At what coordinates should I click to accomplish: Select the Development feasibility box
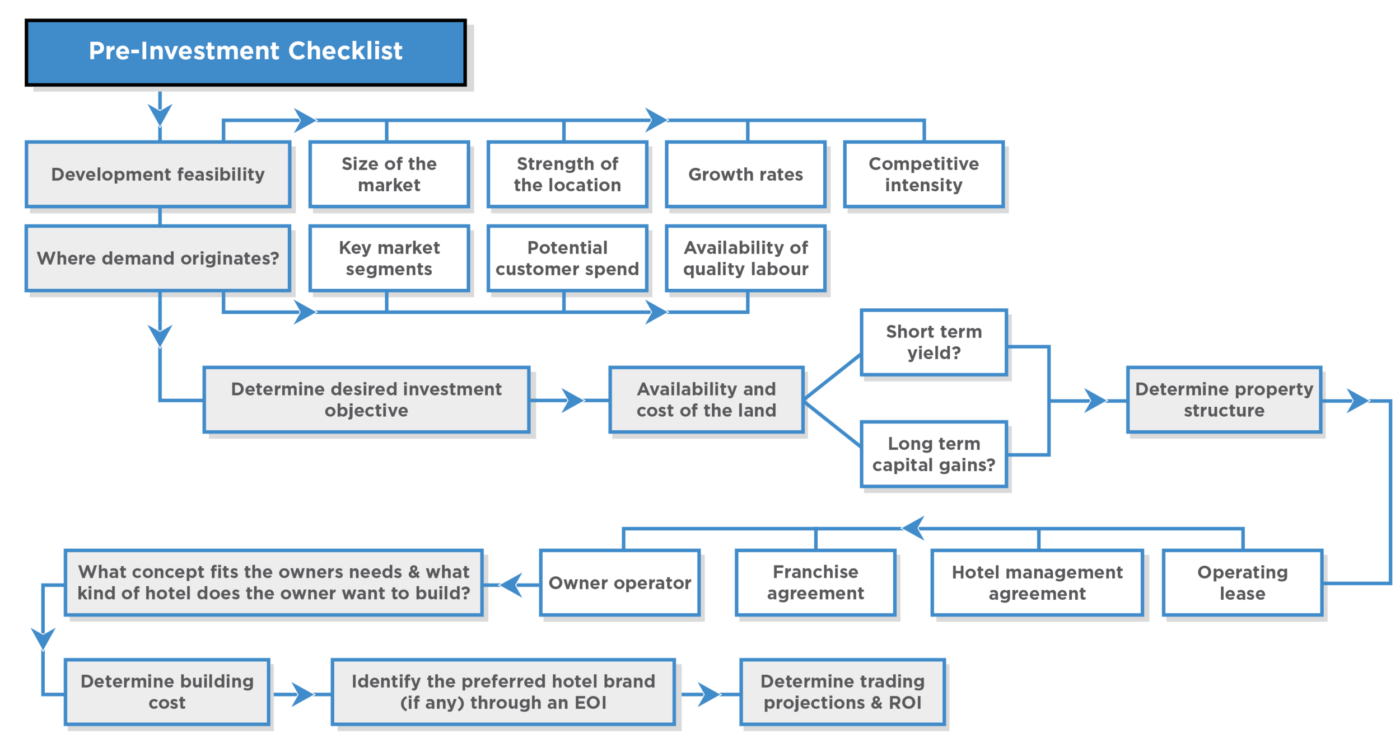(x=158, y=175)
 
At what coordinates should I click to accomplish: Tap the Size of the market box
(x=389, y=175)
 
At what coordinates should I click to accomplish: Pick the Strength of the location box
(x=567, y=175)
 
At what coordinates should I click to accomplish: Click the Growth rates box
(x=745, y=175)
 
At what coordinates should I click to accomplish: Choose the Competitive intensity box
(x=923, y=175)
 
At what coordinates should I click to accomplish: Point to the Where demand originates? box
(x=158, y=258)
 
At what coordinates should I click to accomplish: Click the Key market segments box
(x=389, y=258)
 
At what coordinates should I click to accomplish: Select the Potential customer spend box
(x=567, y=258)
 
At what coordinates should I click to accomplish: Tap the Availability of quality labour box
(x=745, y=258)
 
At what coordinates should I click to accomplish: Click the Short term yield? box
(x=934, y=342)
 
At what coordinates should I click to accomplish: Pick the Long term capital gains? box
(x=934, y=454)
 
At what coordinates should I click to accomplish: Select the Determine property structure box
(x=1224, y=400)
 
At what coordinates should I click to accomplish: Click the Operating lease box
(x=1242, y=583)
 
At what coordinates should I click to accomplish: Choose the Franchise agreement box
(x=815, y=583)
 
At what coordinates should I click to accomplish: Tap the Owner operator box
(x=619, y=583)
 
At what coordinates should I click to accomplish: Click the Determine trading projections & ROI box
(x=842, y=692)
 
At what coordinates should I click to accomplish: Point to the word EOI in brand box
(x=590, y=703)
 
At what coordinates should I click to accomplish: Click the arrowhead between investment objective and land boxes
(x=571, y=401)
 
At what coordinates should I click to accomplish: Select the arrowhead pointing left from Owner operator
(x=512, y=585)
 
